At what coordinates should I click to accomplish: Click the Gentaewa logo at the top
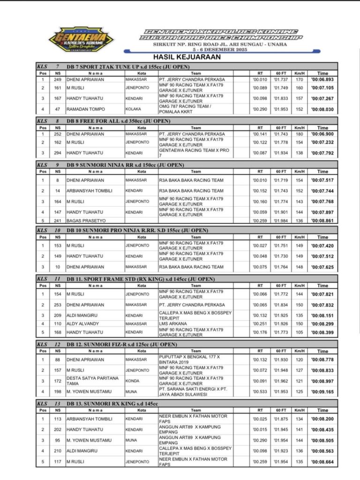81,39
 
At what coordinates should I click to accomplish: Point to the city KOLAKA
134,109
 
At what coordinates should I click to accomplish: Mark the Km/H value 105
299,332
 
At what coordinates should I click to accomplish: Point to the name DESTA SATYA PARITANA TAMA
92,381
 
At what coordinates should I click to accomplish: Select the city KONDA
133,381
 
